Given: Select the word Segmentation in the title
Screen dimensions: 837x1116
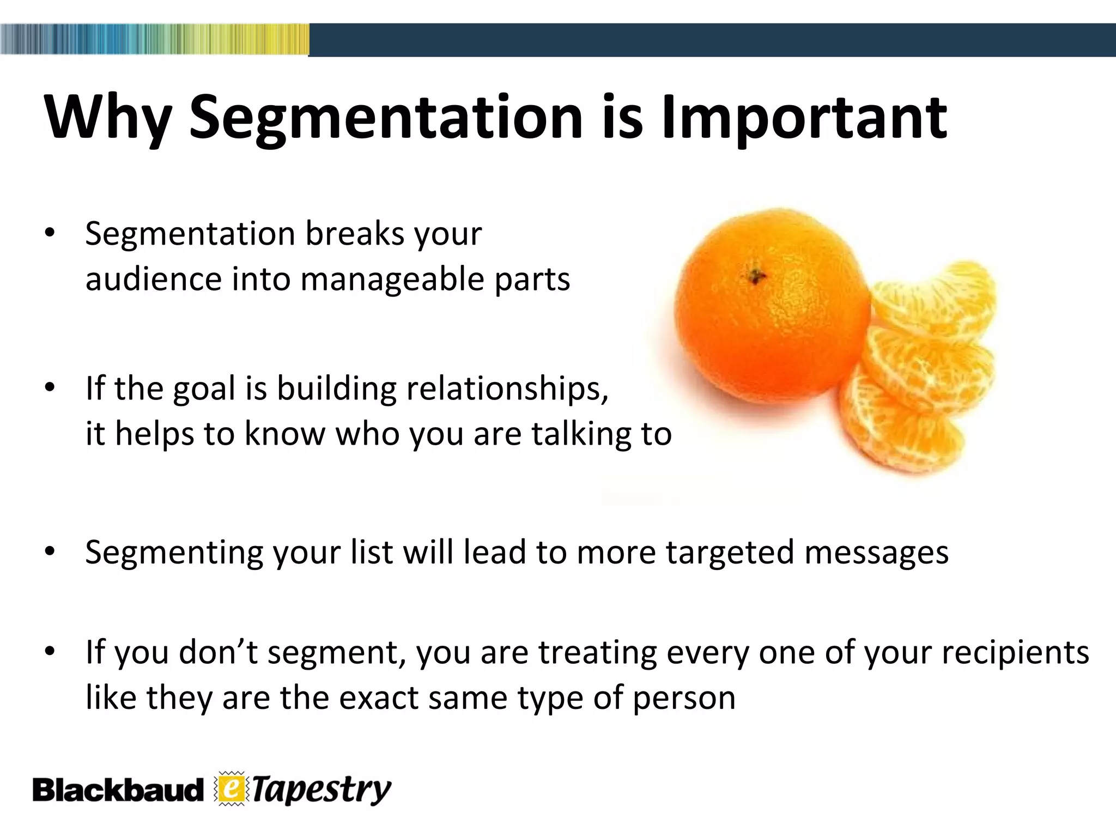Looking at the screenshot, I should point(386,117).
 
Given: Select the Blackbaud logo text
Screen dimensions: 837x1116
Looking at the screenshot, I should point(117,790).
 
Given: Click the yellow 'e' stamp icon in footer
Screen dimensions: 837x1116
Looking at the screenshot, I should point(232,789).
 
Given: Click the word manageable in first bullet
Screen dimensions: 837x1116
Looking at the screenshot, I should point(392,280).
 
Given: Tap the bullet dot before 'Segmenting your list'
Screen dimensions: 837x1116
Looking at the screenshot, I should point(50,551).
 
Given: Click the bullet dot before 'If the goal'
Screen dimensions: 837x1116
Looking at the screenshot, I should point(50,388).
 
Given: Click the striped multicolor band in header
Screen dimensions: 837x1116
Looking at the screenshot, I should point(154,39).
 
